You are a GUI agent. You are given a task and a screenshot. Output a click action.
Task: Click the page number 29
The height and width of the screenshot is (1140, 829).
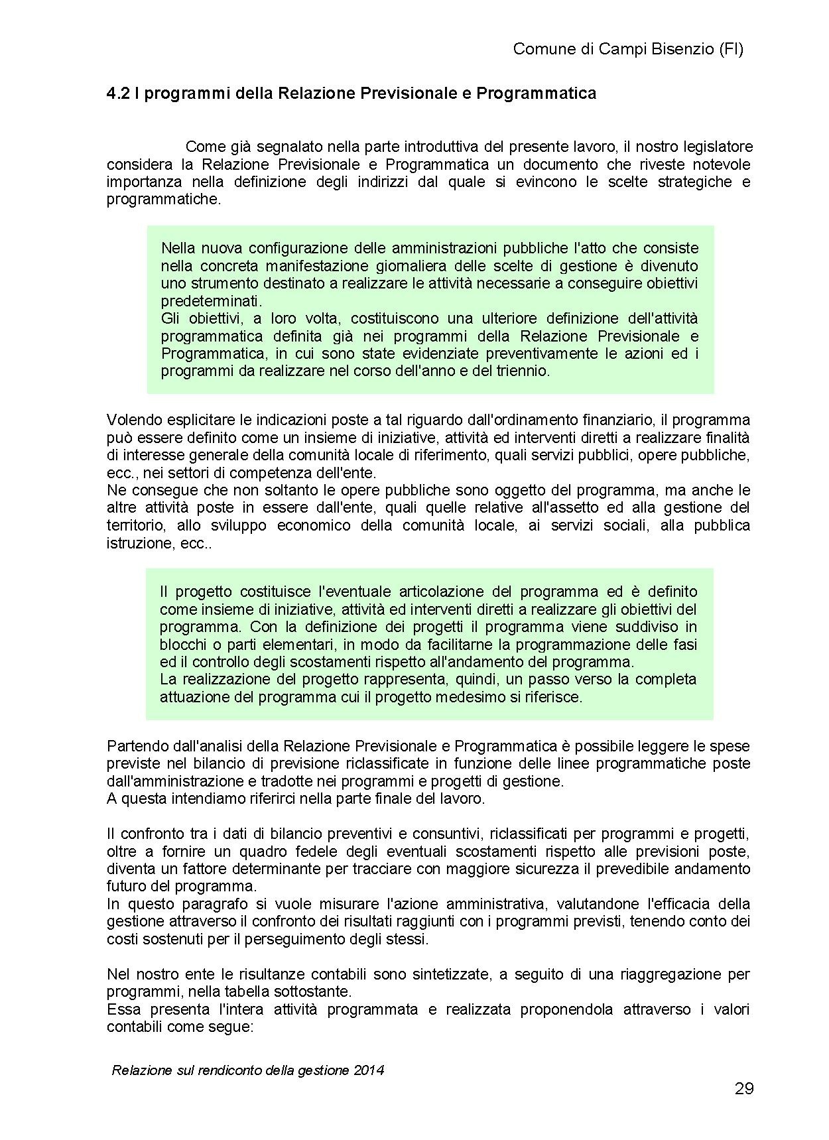[x=744, y=1089]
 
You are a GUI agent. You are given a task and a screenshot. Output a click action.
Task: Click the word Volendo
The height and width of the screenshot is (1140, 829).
[x=131, y=420]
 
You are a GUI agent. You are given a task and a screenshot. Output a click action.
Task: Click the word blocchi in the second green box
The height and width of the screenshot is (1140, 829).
[x=180, y=644]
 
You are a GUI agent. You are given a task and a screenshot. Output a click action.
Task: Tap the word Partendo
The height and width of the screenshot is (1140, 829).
[x=135, y=746]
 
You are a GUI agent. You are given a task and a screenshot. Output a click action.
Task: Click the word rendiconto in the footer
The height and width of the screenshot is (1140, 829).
[x=229, y=1070]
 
